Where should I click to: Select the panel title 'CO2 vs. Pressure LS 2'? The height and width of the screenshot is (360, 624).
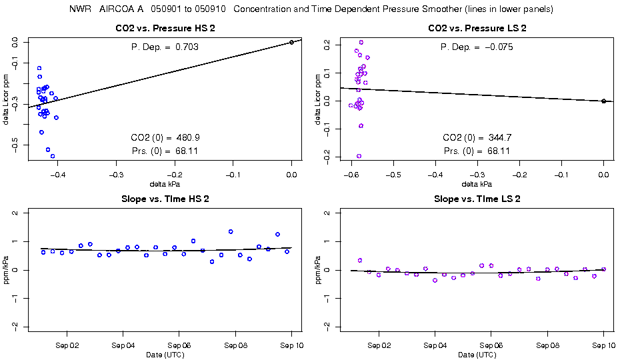477,29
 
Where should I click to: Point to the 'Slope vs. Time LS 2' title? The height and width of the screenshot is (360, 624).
477,199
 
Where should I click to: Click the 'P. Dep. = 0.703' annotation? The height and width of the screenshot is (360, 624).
165,47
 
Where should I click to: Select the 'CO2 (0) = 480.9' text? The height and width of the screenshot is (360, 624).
165,137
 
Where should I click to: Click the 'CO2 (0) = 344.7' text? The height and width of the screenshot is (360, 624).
477,137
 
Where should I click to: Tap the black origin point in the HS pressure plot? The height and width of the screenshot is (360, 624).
292,42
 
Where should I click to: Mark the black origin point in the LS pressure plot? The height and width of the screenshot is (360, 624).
603,101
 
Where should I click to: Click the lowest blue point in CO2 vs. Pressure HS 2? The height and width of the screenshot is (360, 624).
53,156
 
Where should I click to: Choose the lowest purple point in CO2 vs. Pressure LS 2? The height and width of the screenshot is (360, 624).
359,156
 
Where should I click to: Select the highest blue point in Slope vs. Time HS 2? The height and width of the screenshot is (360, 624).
231,232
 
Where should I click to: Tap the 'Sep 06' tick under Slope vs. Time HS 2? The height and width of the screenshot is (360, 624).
179,347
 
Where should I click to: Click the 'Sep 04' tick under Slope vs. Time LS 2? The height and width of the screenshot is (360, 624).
435,347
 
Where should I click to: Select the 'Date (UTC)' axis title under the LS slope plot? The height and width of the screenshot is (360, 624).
477,355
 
